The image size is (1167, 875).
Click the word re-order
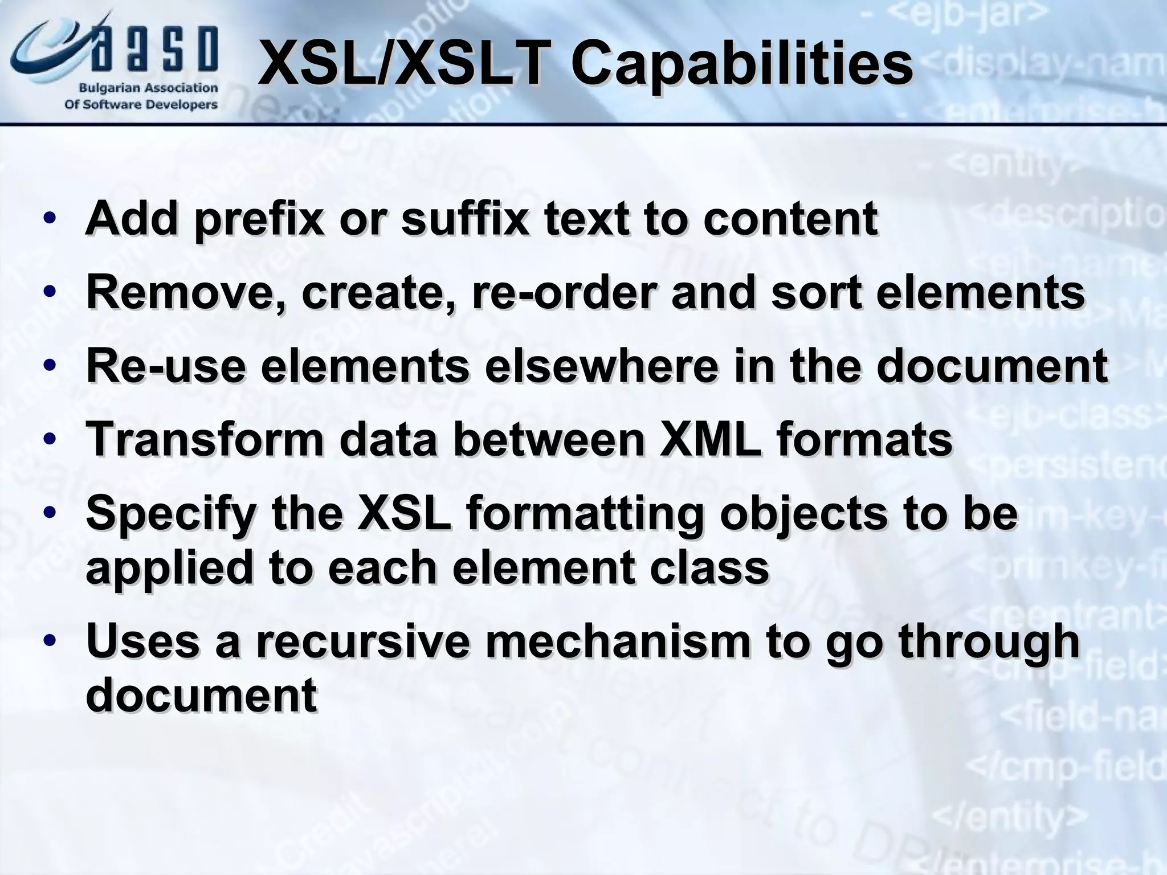(x=564, y=292)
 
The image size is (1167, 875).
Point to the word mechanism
(x=618, y=641)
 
